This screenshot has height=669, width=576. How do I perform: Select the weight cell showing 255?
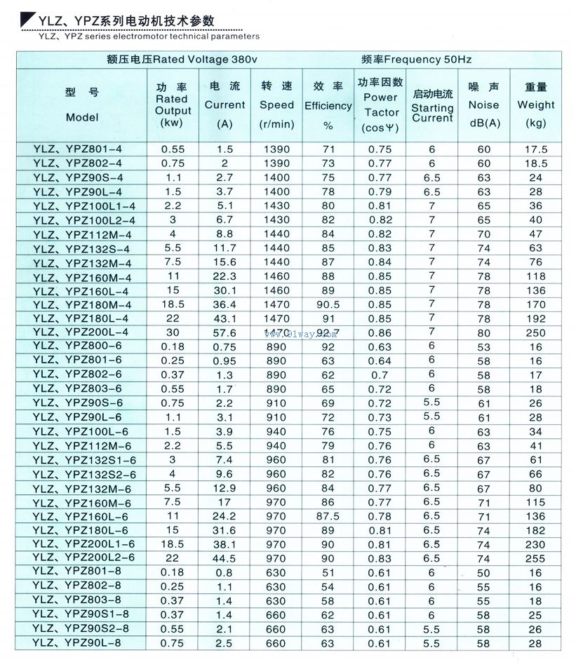[x=536, y=557]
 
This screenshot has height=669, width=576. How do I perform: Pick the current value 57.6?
[x=224, y=332]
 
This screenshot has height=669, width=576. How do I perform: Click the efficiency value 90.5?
[x=328, y=304]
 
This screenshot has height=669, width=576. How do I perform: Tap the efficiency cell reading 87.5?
[x=328, y=516]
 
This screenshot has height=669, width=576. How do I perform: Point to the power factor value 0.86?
[x=380, y=332]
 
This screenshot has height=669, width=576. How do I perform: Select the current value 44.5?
[x=224, y=558]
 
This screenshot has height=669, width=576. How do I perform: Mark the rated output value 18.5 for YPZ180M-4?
[x=172, y=304]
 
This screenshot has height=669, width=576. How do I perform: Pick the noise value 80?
[x=484, y=332]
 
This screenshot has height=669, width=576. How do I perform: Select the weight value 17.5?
[x=536, y=149]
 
